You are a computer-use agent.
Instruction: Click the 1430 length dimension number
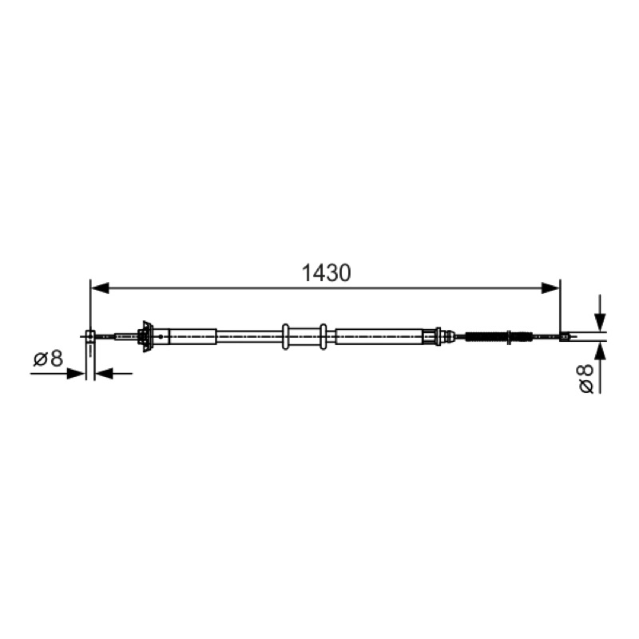[326, 272]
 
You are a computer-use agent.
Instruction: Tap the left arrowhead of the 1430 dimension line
[100, 288]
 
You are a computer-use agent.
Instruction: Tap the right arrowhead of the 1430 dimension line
[550, 288]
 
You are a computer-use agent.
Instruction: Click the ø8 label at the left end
[48, 359]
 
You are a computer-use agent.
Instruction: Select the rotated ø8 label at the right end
[586, 379]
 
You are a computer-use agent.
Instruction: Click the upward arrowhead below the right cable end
[600, 351]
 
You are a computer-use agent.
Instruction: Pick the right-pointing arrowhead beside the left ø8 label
[76, 373]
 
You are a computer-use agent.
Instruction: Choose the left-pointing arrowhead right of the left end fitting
[104, 373]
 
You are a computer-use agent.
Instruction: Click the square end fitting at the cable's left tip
[90, 335]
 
